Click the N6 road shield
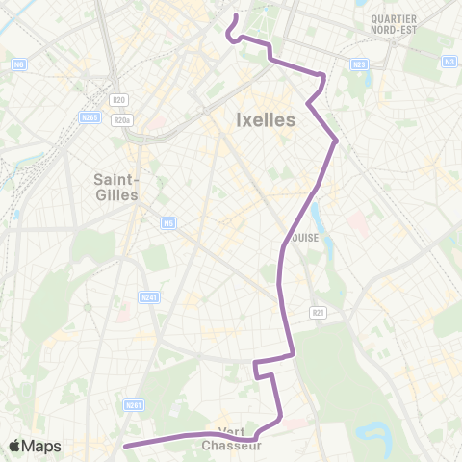[19, 64]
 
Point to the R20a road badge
[120, 120]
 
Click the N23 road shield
[359, 64]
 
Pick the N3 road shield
[449, 61]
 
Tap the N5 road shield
[169, 223]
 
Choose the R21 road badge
[318, 312]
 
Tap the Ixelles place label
[265, 120]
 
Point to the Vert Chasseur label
[232, 438]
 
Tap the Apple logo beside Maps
[15, 446]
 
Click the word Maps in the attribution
[41, 446]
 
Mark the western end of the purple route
[125, 445]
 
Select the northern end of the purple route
[236, 16]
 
